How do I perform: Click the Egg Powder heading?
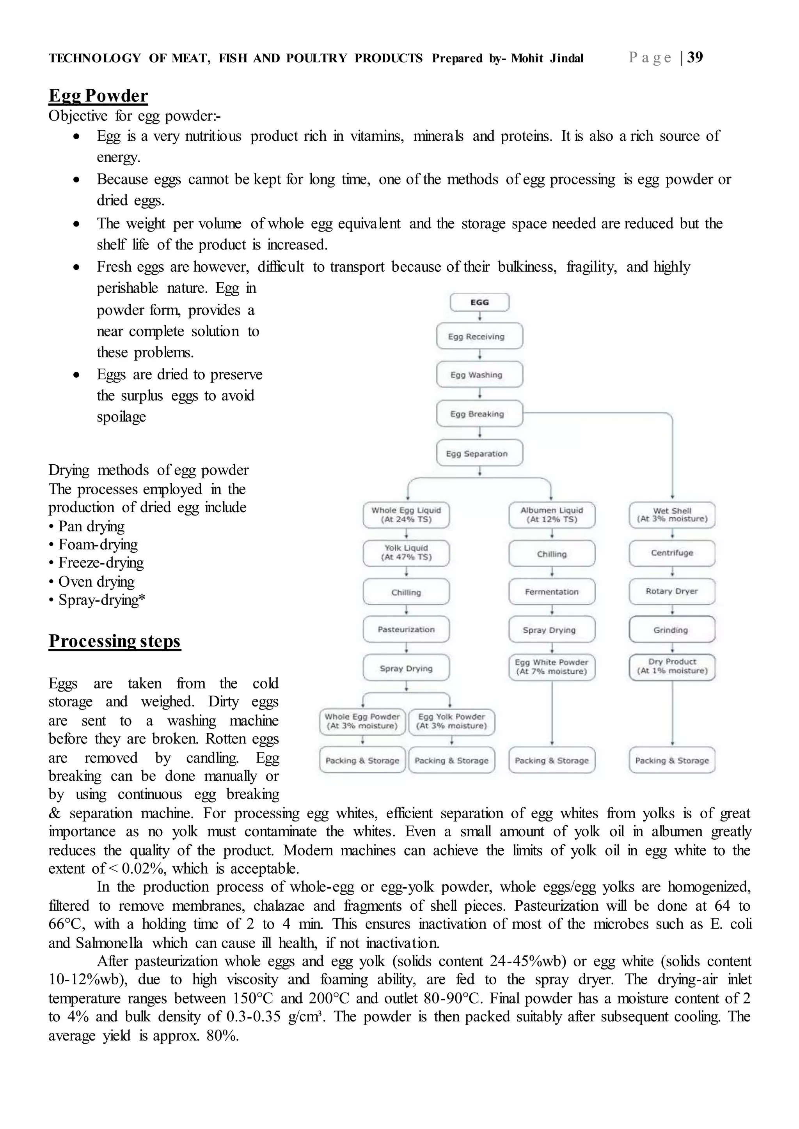(98, 96)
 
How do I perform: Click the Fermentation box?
(552, 591)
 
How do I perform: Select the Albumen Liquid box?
(552, 515)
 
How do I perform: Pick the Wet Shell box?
(672, 515)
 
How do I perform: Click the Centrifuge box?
(672, 553)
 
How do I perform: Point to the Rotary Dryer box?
(672, 591)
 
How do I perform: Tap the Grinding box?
(672, 630)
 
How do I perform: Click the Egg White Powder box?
(552, 667)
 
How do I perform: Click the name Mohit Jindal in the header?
(547, 58)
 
